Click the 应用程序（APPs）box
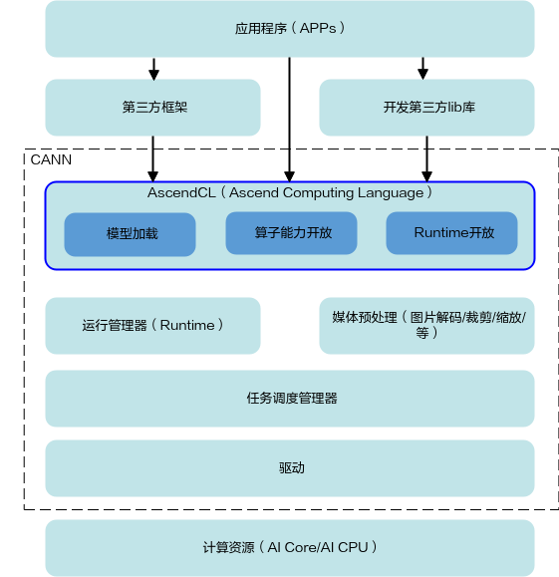click(x=290, y=29)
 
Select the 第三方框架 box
click(x=152, y=108)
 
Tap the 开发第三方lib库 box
click(x=426, y=108)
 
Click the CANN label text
click(x=51, y=159)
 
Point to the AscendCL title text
click(x=290, y=192)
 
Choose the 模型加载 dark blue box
click(x=130, y=234)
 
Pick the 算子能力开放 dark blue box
click(x=291, y=233)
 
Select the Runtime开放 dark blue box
click(x=452, y=233)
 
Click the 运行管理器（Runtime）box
click(x=152, y=326)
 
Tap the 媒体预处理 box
click(x=426, y=326)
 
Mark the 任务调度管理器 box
click(x=290, y=399)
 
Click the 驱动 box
click(x=290, y=468)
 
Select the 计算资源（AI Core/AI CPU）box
click(x=290, y=548)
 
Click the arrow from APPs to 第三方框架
click(x=153, y=69)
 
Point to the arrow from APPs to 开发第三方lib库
click(x=422, y=69)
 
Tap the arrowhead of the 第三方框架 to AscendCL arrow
click(x=153, y=176)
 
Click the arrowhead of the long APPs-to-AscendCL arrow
click(x=290, y=176)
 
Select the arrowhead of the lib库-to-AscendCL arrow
click(x=426, y=176)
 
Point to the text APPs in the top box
click(x=318, y=28)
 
